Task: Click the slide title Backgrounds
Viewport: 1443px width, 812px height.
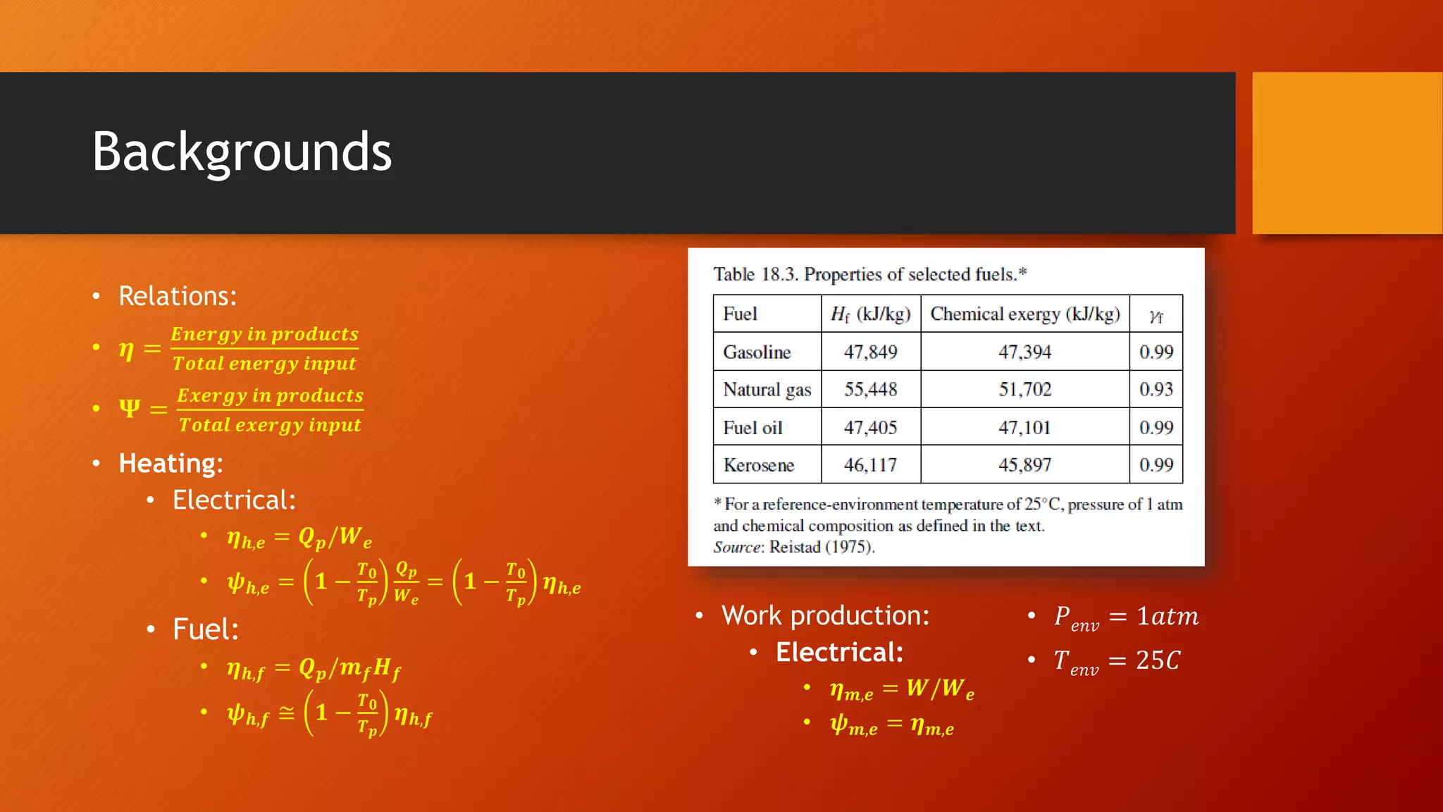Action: click(x=242, y=152)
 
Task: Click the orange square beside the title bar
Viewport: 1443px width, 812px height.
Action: click(x=1346, y=153)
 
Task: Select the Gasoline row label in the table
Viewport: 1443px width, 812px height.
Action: click(x=757, y=352)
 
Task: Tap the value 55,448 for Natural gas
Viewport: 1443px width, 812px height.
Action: click(x=870, y=389)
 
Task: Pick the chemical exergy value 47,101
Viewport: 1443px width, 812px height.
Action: click(x=1024, y=427)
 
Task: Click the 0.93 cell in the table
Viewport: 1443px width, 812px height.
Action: click(x=1156, y=389)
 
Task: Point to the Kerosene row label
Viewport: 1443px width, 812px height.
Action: click(x=758, y=465)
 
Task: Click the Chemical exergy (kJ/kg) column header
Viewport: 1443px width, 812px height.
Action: click(x=1024, y=314)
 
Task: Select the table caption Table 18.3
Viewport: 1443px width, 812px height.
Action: click(x=869, y=274)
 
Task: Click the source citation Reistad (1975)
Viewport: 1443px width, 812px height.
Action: click(x=821, y=547)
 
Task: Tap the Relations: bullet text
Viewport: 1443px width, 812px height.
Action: click(x=178, y=296)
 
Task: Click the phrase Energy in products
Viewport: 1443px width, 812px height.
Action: click(x=264, y=333)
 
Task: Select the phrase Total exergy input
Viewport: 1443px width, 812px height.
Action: click(x=269, y=425)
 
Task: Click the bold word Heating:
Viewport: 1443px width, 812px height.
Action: click(x=171, y=463)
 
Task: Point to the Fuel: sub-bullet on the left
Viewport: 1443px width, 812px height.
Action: click(x=205, y=629)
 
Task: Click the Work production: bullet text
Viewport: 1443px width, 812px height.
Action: click(x=825, y=615)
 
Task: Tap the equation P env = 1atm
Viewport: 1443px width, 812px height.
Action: click(x=1125, y=617)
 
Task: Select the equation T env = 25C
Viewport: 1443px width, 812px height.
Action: click(x=1116, y=661)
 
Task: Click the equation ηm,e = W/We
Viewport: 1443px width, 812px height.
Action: click(x=901, y=689)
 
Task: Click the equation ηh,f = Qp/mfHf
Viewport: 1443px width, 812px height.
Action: click(x=314, y=668)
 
